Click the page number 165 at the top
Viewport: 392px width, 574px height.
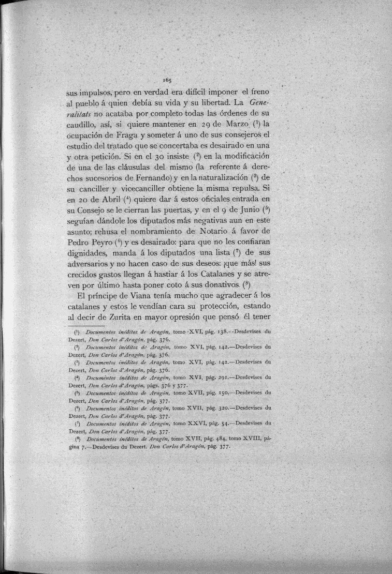tap(167, 80)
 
